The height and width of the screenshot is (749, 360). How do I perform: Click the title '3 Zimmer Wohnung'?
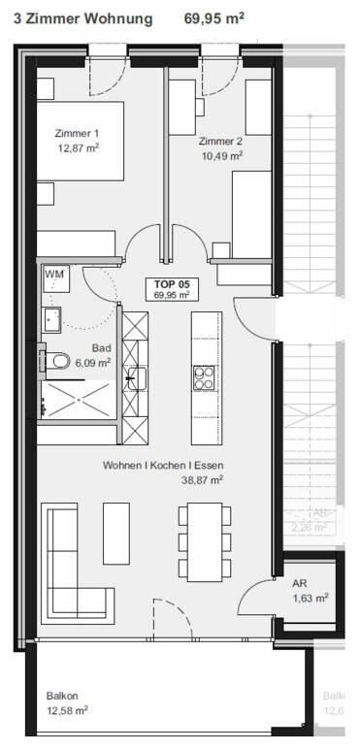tap(82, 18)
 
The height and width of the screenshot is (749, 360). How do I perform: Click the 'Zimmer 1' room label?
tap(79, 134)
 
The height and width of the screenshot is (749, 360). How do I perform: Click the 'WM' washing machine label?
tap(54, 276)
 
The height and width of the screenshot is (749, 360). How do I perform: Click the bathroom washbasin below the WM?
tap(52, 317)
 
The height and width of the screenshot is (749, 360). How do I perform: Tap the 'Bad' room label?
tap(100, 347)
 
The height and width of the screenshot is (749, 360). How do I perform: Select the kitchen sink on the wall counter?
tap(137, 376)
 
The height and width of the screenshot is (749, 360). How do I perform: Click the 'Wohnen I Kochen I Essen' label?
tap(163, 466)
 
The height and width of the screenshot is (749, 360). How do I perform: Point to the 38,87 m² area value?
tap(203, 479)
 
